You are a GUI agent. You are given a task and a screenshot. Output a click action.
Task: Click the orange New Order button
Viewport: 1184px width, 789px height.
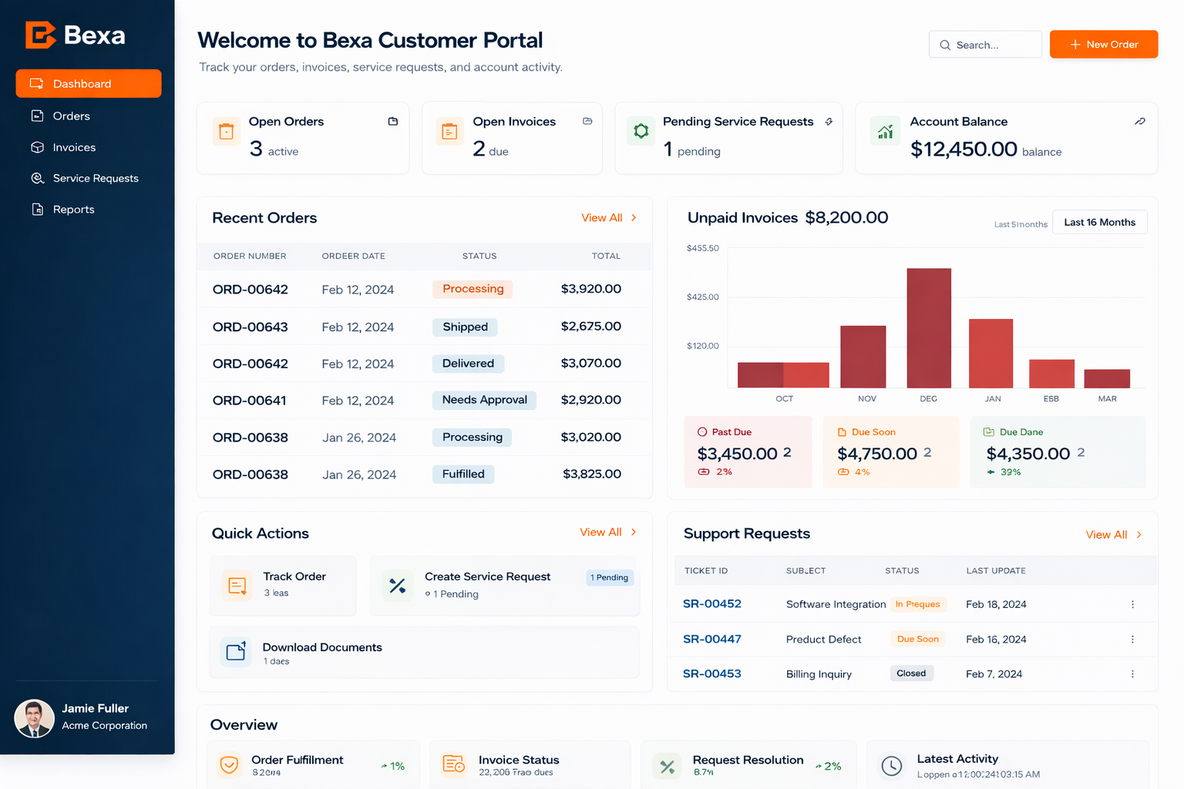[1103, 45]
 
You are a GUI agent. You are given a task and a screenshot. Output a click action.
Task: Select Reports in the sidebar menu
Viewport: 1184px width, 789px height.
[73, 210]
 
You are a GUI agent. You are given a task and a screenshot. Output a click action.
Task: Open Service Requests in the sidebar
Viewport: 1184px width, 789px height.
[96, 178]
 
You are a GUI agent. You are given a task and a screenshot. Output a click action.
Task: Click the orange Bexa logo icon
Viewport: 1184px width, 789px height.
[40, 35]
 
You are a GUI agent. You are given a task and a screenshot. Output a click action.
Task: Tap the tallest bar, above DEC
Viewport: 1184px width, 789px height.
[928, 327]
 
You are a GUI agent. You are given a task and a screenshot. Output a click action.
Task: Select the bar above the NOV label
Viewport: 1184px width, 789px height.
[863, 356]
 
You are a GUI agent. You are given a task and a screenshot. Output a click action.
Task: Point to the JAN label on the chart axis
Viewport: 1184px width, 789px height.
[993, 398]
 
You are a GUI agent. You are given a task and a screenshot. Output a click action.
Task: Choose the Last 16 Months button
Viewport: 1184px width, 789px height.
[1099, 222]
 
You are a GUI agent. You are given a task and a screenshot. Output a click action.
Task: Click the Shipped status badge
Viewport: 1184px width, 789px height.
[465, 327]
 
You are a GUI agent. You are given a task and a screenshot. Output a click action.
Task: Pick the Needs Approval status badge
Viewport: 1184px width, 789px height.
[484, 400]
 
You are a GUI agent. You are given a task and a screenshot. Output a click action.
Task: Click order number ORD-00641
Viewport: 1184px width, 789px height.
[249, 401]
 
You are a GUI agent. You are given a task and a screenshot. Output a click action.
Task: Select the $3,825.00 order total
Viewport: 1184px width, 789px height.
[591, 474]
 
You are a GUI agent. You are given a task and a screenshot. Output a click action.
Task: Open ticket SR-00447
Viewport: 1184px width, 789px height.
[711, 639]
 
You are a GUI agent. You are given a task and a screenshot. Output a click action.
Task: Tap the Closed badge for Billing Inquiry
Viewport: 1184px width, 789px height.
[911, 673]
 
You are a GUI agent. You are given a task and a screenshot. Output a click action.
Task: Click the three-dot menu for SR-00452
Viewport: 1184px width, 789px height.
[1132, 604]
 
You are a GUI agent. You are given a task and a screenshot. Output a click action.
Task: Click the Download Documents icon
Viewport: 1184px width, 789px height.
[236, 652]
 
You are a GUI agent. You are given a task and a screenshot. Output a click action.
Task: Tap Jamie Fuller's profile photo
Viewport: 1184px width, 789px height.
[34, 718]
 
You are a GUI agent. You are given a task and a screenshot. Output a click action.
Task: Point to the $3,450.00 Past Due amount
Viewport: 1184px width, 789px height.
[737, 454]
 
